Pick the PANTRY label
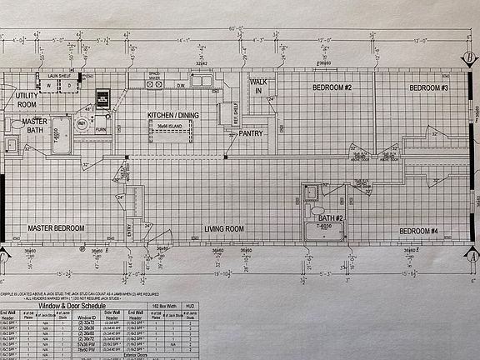251,133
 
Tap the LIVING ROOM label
224,228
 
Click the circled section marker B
472,56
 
